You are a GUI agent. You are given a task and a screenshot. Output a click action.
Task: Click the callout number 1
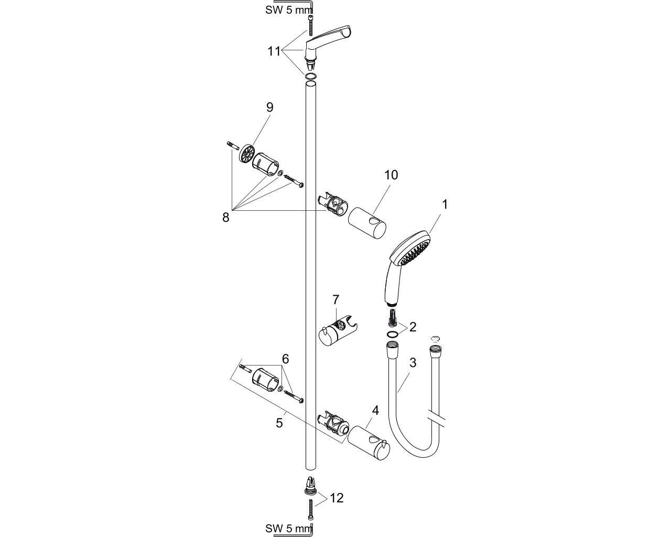click(445, 205)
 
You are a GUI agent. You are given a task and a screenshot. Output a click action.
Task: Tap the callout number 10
click(391, 175)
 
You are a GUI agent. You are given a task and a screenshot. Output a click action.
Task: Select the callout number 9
click(269, 108)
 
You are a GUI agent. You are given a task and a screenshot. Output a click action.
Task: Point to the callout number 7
click(335, 300)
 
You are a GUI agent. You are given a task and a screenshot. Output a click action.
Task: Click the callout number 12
click(337, 498)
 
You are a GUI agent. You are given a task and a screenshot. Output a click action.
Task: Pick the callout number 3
click(413, 362)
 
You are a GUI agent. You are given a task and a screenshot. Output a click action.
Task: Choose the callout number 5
click(279, 423)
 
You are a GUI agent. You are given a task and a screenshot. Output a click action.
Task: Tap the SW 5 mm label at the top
click(289, 10)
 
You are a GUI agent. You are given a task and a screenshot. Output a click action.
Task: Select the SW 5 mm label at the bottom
click(289, 529)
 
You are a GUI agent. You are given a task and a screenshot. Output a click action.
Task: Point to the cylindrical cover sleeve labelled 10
click(367, 223)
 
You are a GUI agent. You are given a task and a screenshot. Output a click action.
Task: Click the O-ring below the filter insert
click(393, 334)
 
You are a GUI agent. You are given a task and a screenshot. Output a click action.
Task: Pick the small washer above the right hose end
click(435, 339)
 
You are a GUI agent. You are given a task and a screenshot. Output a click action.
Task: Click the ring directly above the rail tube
click(310, 76)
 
